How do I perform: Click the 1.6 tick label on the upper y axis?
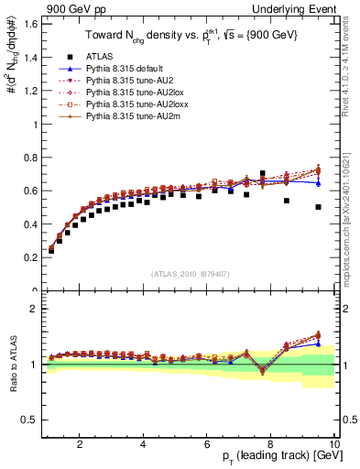coord(30,23)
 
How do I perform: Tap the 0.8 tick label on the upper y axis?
coord(30,157)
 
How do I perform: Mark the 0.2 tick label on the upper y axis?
coord(30,257)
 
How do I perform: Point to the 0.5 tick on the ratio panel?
coord(30,420)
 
